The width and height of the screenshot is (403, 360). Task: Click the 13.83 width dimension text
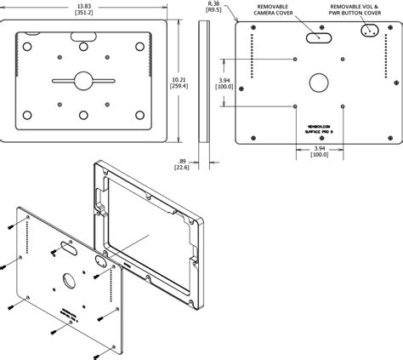click(x=84, y=5)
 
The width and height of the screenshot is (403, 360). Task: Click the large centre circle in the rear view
click(x=317, y=83)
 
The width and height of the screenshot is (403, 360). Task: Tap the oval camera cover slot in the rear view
click(x=321, y=38)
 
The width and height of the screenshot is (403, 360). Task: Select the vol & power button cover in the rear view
click(x=369, y=31)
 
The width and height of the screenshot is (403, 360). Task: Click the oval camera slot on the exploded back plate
click(x=65, y=252)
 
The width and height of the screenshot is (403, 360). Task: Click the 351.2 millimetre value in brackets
click(x=84, y=14)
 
